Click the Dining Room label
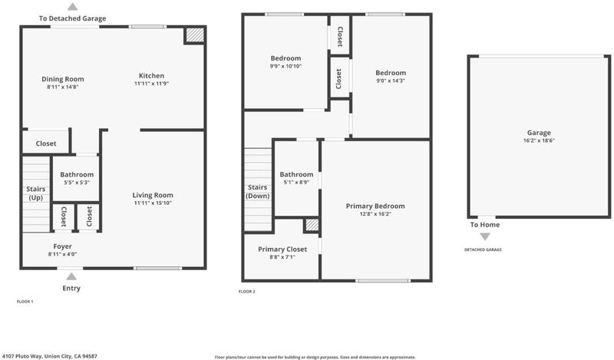63,79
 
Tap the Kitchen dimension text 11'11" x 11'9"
151,84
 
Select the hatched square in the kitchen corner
195,35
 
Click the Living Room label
153,195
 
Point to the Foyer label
63,246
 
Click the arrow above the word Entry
71,276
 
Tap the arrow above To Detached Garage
72,6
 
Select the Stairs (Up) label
35,193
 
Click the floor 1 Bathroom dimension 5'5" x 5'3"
77,183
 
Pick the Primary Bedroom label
375,206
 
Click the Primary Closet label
282,249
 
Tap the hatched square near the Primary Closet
312,225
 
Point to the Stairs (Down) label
257,192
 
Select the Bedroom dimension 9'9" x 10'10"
286,66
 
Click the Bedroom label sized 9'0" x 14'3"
391,73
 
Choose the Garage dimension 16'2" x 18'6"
539,140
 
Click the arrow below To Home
485,236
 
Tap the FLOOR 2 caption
246,292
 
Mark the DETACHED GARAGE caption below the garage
483,249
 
